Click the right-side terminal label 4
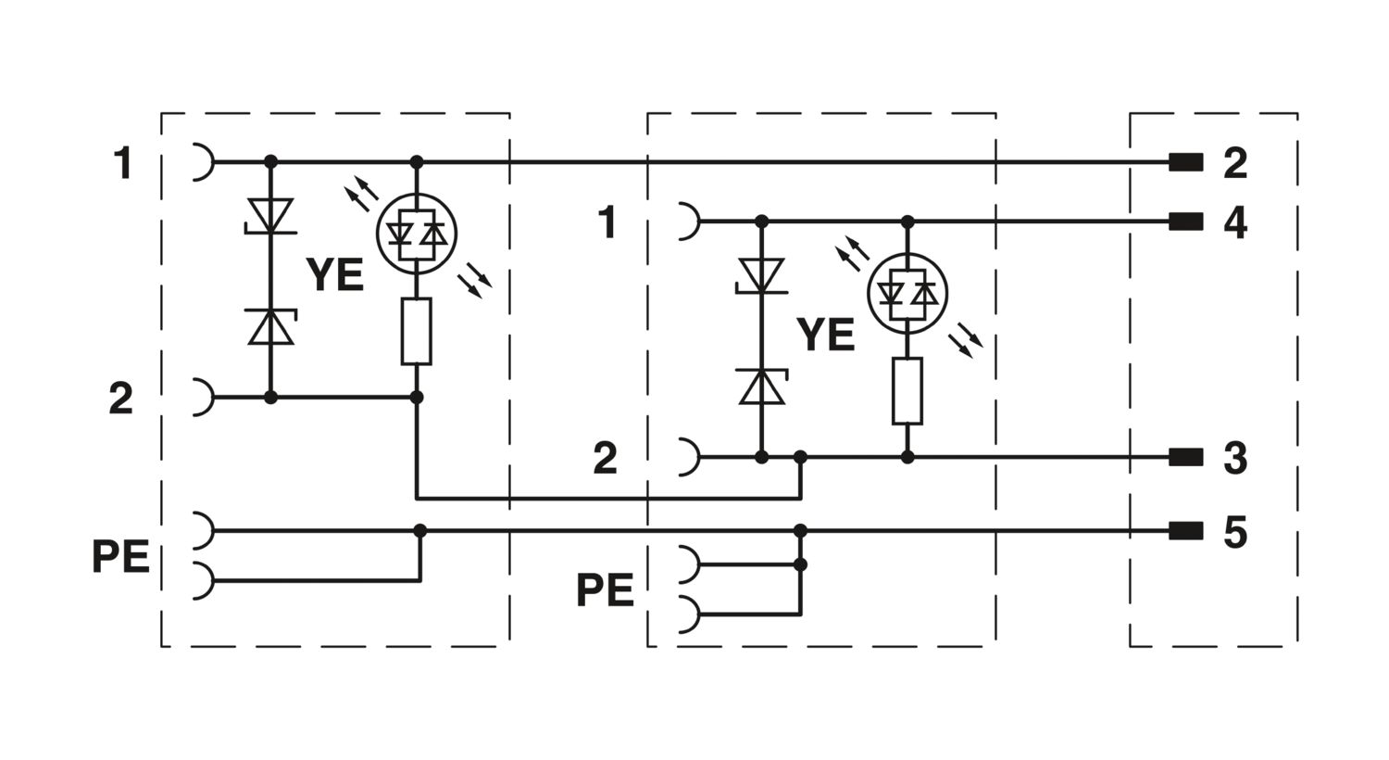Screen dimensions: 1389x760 (1234, 223)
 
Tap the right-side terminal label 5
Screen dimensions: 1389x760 (1234, 532)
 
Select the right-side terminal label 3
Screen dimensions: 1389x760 (1234, 459)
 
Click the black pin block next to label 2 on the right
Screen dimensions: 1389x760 (1185, 162)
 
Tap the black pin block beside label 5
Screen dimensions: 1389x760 (1185, 531)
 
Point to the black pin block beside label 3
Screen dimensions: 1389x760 (1185, 458)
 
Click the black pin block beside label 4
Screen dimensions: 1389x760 (1185, 222)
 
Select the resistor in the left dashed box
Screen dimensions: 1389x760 (416, 331)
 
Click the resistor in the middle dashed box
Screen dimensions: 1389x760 (907, 391)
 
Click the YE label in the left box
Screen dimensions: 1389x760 (335, 275)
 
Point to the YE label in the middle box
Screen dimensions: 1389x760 (825, 335)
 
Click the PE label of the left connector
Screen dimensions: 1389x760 (121, 556)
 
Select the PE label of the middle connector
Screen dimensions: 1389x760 (606, 590)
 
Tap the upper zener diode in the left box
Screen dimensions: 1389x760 (270, 216)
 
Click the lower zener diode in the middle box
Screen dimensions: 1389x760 (761, 386)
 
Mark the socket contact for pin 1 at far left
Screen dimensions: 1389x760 (204, 162)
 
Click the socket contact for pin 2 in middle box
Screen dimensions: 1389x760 (690, 457)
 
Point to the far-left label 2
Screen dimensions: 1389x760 (121, 399)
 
